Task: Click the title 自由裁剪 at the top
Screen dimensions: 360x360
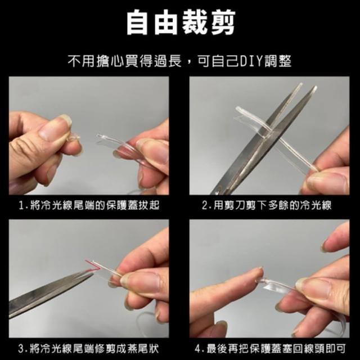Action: coord(181,22)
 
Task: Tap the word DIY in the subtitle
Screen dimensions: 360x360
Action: coord(251,61)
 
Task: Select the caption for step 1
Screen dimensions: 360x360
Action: coord(89,205)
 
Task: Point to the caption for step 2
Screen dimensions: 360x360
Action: coord(267,205)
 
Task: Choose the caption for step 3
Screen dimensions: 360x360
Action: coord(89,349)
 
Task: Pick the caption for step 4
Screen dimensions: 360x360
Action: coord(270,349)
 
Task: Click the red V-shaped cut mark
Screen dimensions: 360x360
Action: coord(93,265)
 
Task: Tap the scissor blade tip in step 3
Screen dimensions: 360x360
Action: coord(92,273)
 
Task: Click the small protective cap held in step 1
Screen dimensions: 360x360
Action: coord(73,138)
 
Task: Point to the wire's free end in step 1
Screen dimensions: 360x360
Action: coord(98,136)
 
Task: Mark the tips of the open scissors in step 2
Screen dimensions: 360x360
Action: coord(308,85)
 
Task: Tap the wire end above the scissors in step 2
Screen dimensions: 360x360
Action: coord(238,109)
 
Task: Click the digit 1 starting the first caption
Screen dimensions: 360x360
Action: coord(21,205)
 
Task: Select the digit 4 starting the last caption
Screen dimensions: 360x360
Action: coord(197,349)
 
